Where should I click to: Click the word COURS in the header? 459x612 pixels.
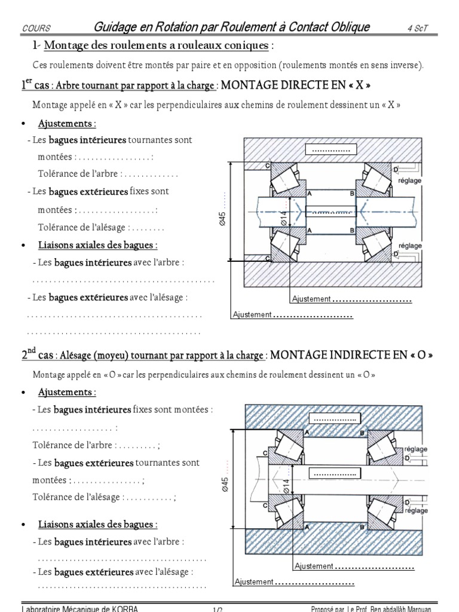[x=36, y=28]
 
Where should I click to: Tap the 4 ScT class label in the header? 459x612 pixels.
[x=417, y=28]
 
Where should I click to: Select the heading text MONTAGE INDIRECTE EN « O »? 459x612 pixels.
[x=351, y=354]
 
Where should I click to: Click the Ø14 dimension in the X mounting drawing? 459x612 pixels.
[x=284, y=219]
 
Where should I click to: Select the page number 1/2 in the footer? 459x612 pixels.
[x=218, y=609]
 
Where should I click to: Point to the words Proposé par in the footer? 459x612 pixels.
[x=329, y=609]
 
